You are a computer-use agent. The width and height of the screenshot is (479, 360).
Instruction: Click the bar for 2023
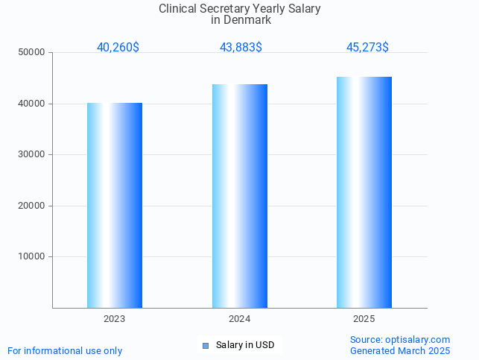coord(115,205)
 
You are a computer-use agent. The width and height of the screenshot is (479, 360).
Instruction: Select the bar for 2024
coord(240,196)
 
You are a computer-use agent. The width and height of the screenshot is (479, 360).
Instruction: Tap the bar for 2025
coord(364,192)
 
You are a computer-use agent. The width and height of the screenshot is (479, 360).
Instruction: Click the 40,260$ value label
coord(118,47)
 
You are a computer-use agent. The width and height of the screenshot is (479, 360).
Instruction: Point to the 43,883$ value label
coord(241,47)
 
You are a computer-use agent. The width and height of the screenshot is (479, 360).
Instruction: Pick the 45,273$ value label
coord(367,47)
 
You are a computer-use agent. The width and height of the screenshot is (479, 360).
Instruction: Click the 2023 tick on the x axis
coord(115,318)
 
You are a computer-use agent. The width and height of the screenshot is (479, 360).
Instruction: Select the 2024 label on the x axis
coord(240,318)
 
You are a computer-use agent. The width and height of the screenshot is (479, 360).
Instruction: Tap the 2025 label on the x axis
coord(364,318)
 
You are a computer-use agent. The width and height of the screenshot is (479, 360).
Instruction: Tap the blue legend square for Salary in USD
coord(206,345)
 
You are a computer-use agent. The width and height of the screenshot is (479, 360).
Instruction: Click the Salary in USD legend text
coord(245,345)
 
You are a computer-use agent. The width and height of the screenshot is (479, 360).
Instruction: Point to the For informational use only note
coord(65,350)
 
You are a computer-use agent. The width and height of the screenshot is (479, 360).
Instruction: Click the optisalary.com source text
coord(417,339)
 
